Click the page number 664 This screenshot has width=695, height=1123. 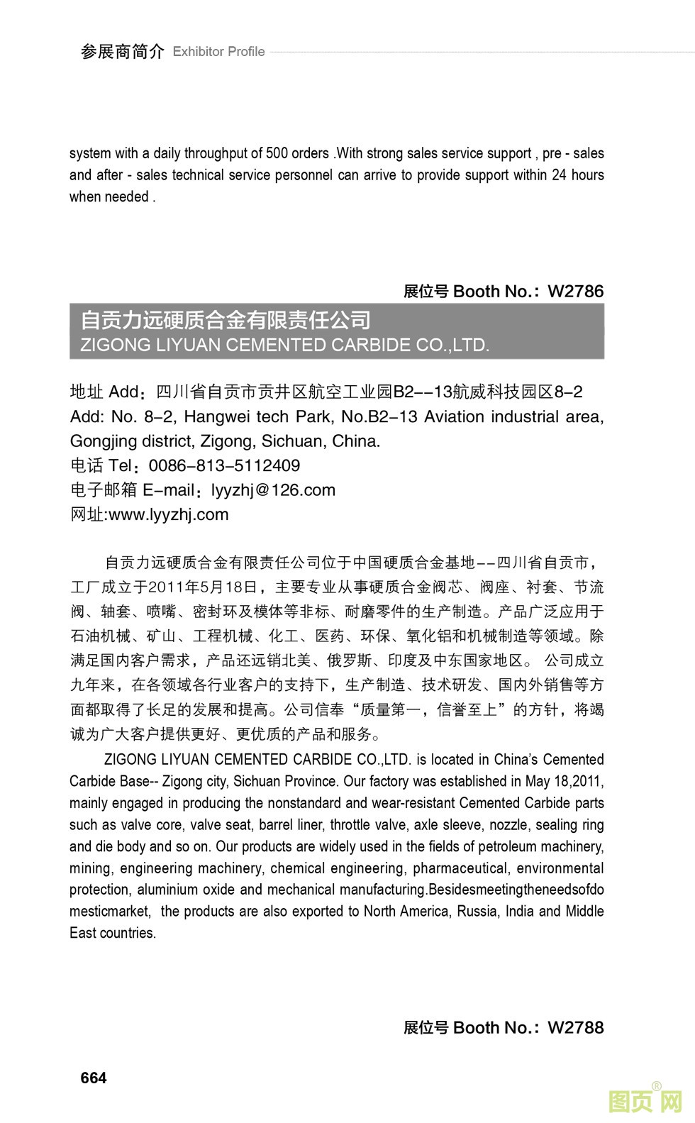94,1078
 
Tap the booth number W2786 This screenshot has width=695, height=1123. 576,291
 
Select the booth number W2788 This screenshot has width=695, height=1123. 576,1027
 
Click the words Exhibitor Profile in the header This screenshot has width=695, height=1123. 218,52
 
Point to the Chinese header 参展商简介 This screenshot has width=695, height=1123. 122,52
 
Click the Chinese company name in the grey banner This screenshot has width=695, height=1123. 226,321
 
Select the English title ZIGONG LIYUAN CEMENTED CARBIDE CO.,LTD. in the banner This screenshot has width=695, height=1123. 285,345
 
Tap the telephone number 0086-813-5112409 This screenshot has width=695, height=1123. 224,465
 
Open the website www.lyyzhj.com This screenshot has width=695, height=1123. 169,514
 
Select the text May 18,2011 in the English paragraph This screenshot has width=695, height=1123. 564,781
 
